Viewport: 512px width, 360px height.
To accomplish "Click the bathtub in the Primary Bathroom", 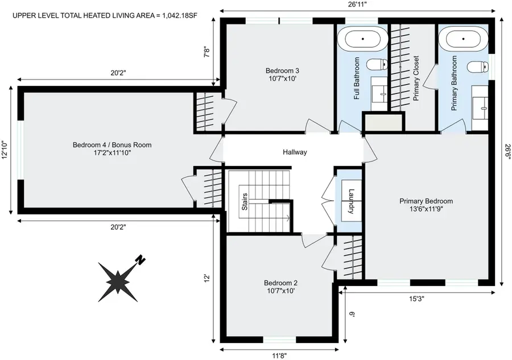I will click(x=464, y=40).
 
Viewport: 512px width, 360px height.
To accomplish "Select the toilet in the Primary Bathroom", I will click(x=477, y=67).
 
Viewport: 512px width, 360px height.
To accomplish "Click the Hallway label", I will click(x=295, y=152).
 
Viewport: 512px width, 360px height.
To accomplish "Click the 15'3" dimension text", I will click(x=416, y=298).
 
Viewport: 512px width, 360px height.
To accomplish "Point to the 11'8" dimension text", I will click(x=279, y=355).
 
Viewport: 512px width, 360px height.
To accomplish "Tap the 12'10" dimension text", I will click(x=5, y=151).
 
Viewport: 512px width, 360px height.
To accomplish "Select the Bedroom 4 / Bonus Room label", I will click(x=112, y=145).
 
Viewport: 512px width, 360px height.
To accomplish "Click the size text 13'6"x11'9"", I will click(x=426, y=209).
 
